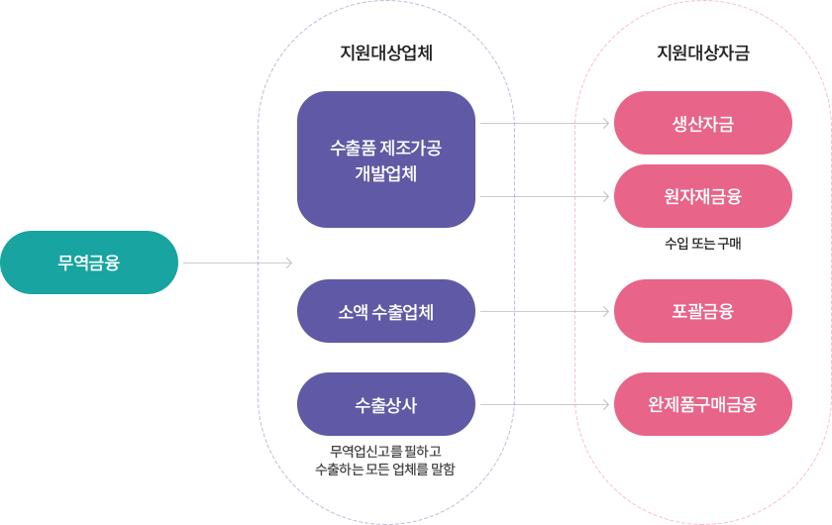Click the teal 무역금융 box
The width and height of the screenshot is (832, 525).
[x=89, y=262]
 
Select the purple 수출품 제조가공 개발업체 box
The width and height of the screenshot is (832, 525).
[x=386, y=159]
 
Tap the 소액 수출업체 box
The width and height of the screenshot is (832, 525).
[x=386, y=311]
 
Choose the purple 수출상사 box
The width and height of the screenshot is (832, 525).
[x=386, y=404]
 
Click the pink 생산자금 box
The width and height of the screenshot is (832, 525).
[x=703, y=123]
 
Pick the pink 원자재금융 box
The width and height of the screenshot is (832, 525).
[x=703, y=196]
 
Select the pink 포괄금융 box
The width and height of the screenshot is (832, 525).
[x=703, y=311]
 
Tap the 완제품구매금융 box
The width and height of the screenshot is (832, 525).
[x=703, y=404]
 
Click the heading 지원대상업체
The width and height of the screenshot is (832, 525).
[x=386, y=53]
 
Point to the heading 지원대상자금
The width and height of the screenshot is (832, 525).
[x=703, y=53]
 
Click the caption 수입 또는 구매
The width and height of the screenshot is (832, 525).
[x=703, y=244]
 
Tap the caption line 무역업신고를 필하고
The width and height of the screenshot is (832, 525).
[x=386, y=452]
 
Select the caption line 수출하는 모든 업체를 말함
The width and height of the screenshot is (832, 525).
[x=386, y=470]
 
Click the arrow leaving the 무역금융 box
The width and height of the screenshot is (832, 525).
[x=238, y=262]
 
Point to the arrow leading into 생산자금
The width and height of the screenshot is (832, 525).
[x=544, y=123]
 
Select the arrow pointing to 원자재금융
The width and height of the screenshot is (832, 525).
[x=544, y=196]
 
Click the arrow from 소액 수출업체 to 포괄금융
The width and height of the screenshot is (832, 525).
[x=544, y=311]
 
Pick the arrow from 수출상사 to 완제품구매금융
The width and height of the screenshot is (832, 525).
[x=544, y=404]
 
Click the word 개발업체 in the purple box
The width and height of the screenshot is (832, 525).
[x=386, y=173]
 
